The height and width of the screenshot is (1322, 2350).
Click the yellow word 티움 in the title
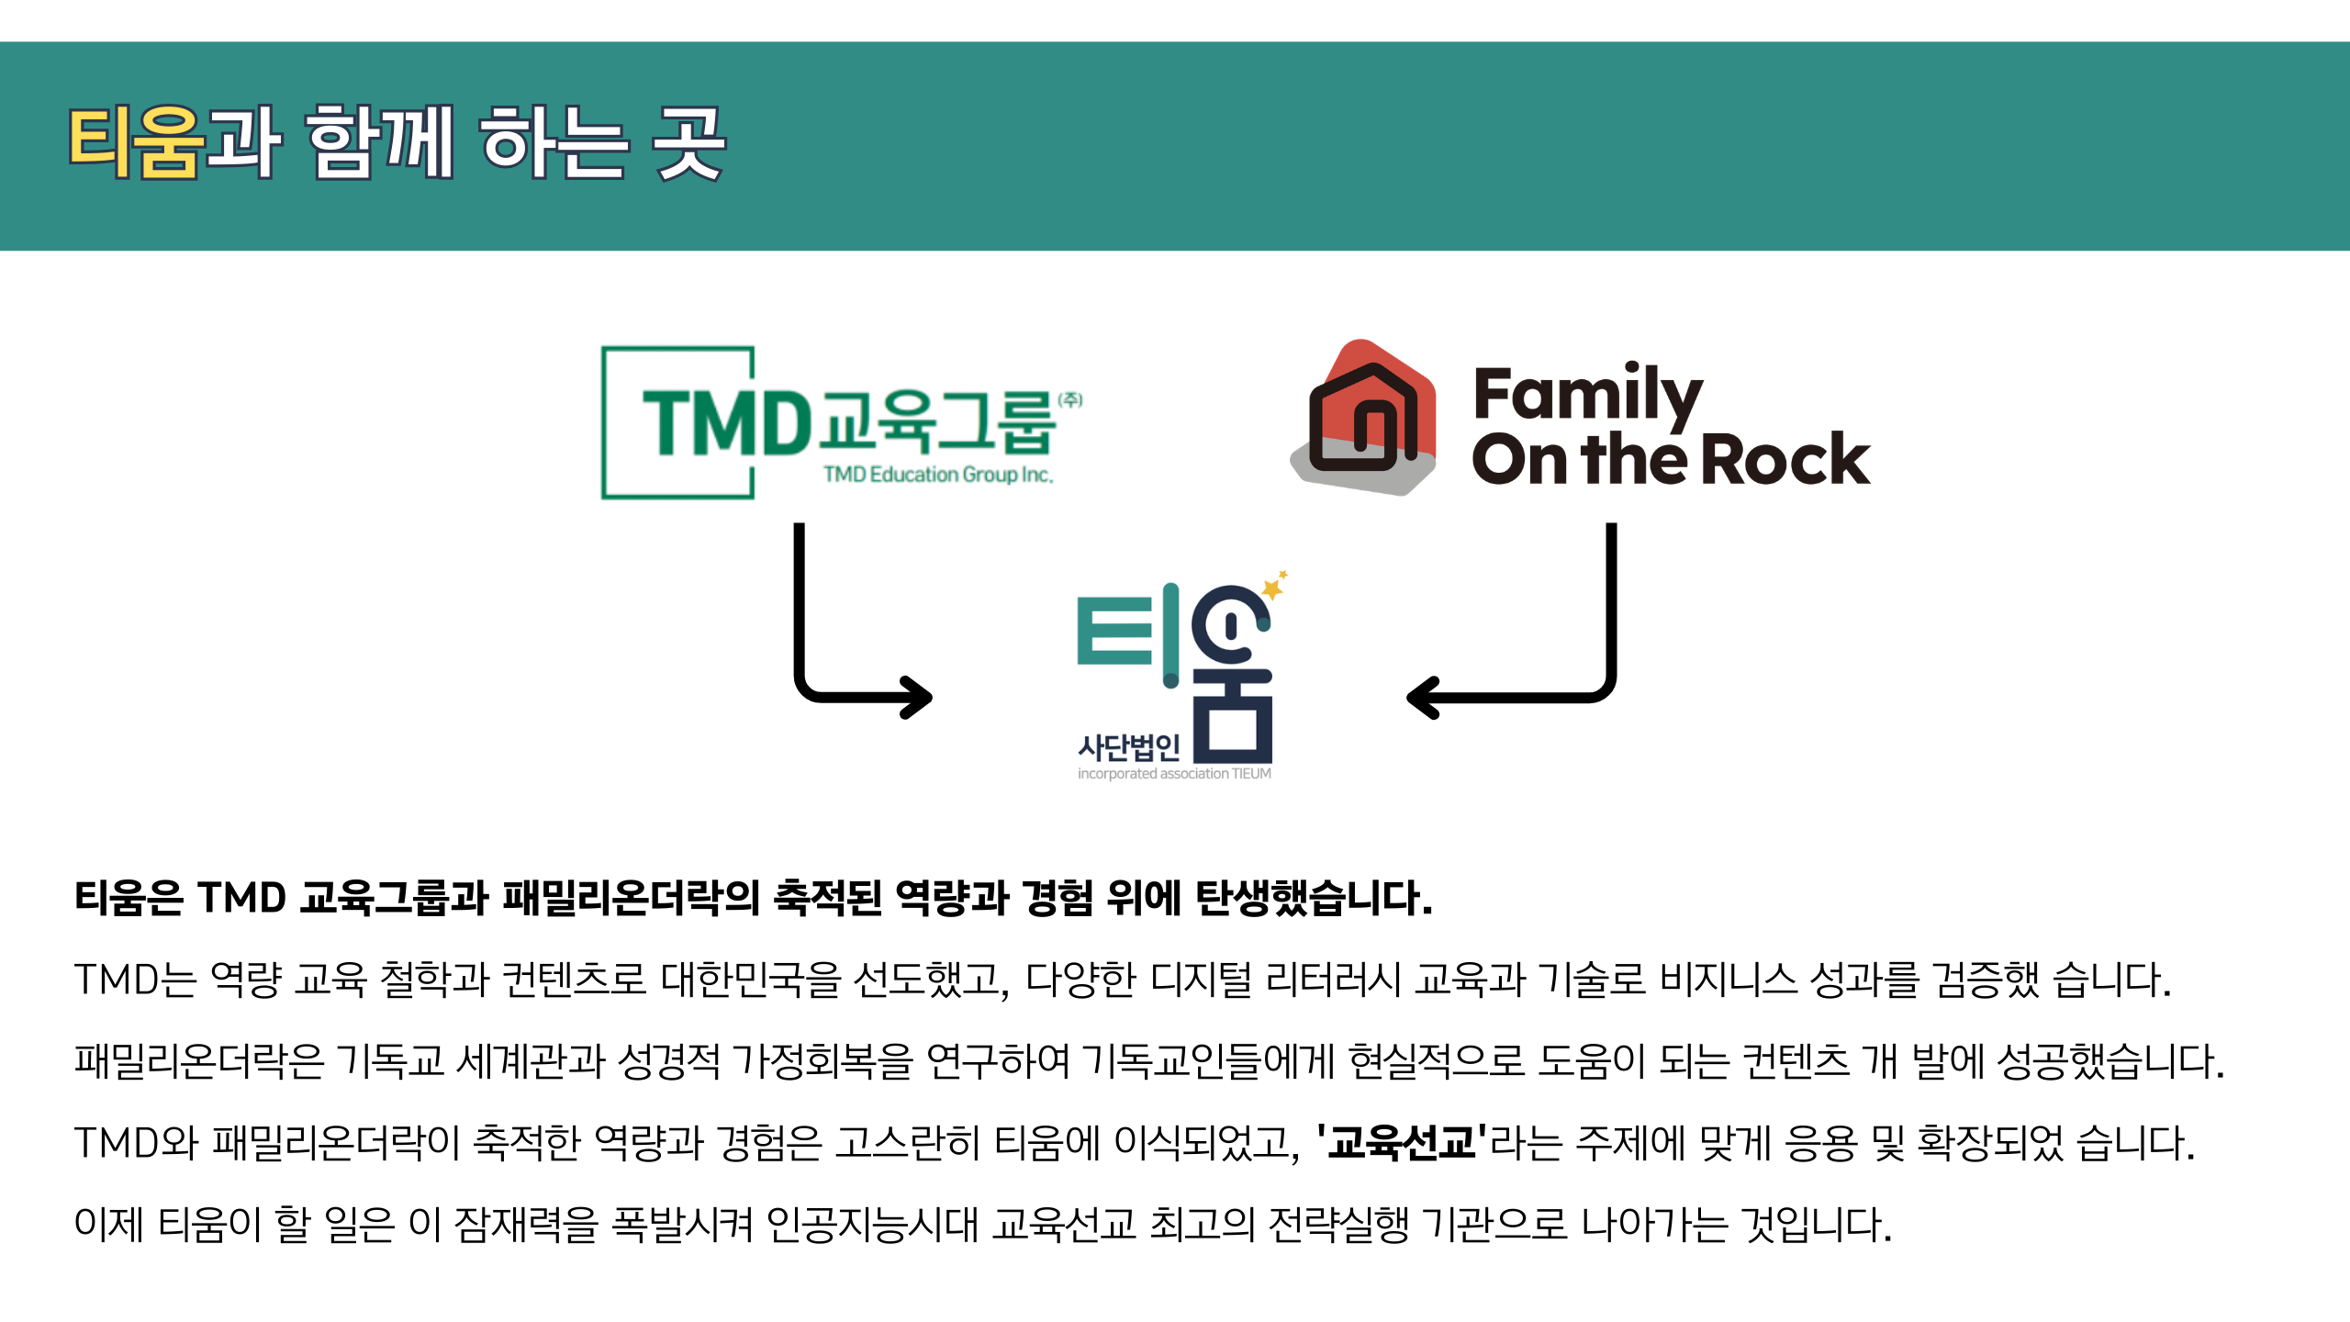pyautogui.click(x=136, y=141)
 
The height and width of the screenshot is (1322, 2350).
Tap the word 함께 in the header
pyautogui.click(x=379, y=141)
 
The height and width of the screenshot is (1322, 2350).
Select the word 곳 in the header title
pyautogui.click(x=688, y=141)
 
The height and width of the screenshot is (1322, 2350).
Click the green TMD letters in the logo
pyautogui.click(x=725, y=422)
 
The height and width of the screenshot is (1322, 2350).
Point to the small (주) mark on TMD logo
pyautogui.click(x=1070, y=400)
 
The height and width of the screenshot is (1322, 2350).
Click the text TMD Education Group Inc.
pyautogui.click(x=937, y=475)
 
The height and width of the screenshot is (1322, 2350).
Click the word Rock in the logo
pyautogui.click(x=1785, y=459)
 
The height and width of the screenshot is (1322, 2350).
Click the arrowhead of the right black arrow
pyautogui.click(x=1422, y=698)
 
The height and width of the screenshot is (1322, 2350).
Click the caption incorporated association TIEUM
pyautogui.click(x=1174, y=774)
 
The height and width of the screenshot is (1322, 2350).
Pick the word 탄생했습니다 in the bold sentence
pyautogui.click(x=1313, y=898)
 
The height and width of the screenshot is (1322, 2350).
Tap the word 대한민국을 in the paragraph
pyautogui.click(x=750, y=980)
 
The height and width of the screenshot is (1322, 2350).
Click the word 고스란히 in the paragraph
pyautogui.click(x=908, y=1143)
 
